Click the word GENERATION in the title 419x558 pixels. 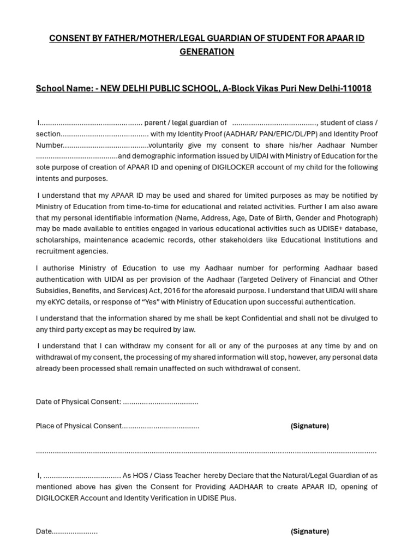tap(207, 52)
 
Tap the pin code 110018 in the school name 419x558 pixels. tap(356, 88)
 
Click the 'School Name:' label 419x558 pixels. tap(61, 88)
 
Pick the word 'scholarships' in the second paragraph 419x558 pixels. tap(57, 240)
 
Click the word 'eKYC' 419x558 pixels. tap(57, 302)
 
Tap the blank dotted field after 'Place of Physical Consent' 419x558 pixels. tap(160, 426)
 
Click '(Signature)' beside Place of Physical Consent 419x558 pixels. tap(309, 426)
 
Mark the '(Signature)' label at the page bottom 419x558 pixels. tap(309, 531)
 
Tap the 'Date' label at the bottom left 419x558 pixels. tap(44, 531)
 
